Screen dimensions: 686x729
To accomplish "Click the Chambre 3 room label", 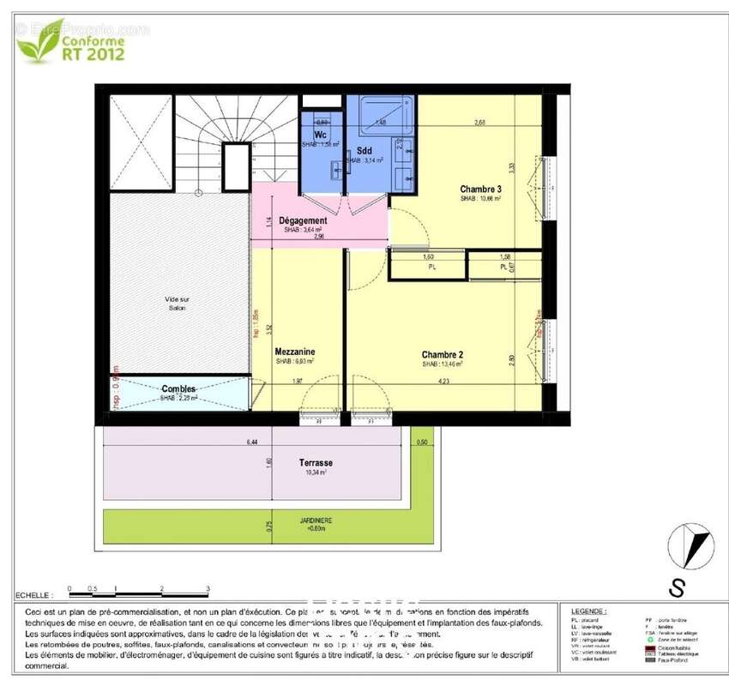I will (x=480, y=190).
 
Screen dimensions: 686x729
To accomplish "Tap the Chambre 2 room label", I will (x=442, y=354).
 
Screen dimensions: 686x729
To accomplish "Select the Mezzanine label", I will (x=294, y=352).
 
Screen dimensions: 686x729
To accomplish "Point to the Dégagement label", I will (x=302, y=220).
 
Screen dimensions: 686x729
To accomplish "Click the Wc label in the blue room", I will (x=320, y=135).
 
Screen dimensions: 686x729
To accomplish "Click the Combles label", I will (x=179, y=389).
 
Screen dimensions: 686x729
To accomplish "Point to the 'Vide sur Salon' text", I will (x=178, y=303).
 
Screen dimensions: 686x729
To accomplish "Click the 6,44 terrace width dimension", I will (x=251, y=442).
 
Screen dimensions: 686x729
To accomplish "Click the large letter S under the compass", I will (x=678, y=587).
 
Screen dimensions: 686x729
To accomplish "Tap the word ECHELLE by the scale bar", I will (x=33, y=594).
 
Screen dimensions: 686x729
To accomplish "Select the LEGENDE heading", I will (x=587, y=611).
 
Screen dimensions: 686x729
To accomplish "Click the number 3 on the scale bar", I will (x=208, y=589).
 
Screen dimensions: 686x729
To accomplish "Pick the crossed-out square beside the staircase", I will (x=141, y=144).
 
